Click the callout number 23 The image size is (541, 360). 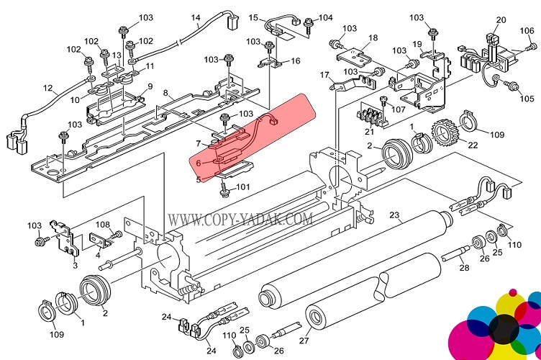(x=394, y=214)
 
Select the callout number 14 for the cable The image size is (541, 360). (x=196, y=18)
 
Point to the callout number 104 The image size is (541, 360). (x=326, y=18)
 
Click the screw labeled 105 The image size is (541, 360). (x=513, y=86)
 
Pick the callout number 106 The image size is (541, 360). (x=527, y=30)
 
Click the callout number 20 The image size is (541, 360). (x=501, y=20)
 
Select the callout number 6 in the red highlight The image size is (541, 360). (x=198, y=163)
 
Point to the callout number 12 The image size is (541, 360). (x=48, y=90)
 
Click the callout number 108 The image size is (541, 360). (x=103, y=225)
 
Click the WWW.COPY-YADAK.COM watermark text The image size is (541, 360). (x=240, y=217)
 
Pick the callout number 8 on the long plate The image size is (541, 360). (x=166, y=94)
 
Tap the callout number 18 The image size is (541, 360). (x=373, y=37)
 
